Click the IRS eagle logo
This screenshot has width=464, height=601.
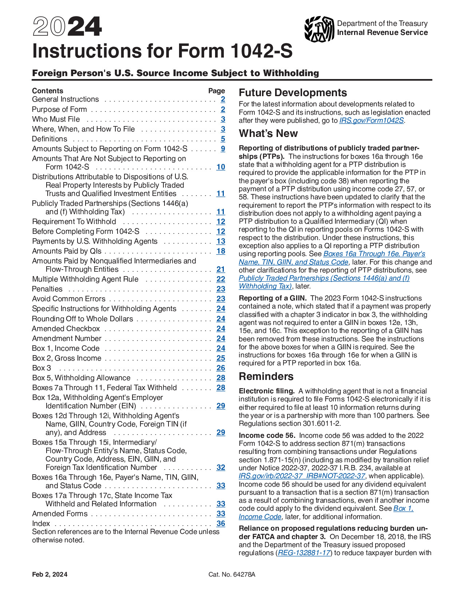(319, 29)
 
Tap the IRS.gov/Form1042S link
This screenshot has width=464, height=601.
(371, 121)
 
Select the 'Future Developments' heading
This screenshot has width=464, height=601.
(293, 93)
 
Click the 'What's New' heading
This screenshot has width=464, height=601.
(268, 134)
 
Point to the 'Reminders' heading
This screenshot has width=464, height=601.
(266, 377)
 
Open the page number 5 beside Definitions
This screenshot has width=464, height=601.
(223, 139)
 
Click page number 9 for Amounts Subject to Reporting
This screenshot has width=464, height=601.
(223, 149)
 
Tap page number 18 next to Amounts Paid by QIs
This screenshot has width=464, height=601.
(221, 251)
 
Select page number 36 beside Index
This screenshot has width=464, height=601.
(221, 524)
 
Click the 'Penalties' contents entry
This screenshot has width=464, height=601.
(47, 289)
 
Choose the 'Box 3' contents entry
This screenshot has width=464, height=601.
(41, 368)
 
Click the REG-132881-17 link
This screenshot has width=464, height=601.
(304, 553)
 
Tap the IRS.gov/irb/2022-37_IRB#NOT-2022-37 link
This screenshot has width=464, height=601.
(302, 476)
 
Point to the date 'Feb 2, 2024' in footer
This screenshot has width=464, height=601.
(49, 574)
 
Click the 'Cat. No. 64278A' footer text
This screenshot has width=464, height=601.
(232, 574)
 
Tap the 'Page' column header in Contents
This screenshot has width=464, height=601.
(217, 91)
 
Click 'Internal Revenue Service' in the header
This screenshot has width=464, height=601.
(382, 33)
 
